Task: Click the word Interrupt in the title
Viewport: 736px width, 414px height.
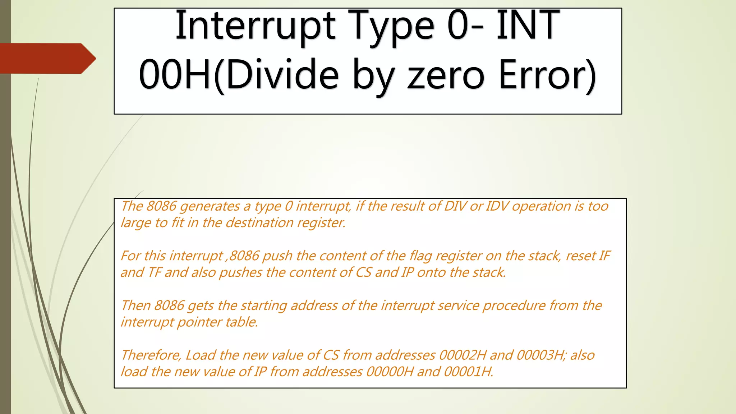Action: (x=255, y=26)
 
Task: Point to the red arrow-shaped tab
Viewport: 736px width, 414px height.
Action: (x=47, y=58)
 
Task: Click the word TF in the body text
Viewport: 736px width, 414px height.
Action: (x=155, y=272)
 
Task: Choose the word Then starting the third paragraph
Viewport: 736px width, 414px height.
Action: (x=135, y=305)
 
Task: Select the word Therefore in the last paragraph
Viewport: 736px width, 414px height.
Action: (x=151, y=355)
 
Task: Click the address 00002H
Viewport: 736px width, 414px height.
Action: (x=463, y=355)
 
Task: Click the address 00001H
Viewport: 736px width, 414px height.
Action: (x=468, y=371)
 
